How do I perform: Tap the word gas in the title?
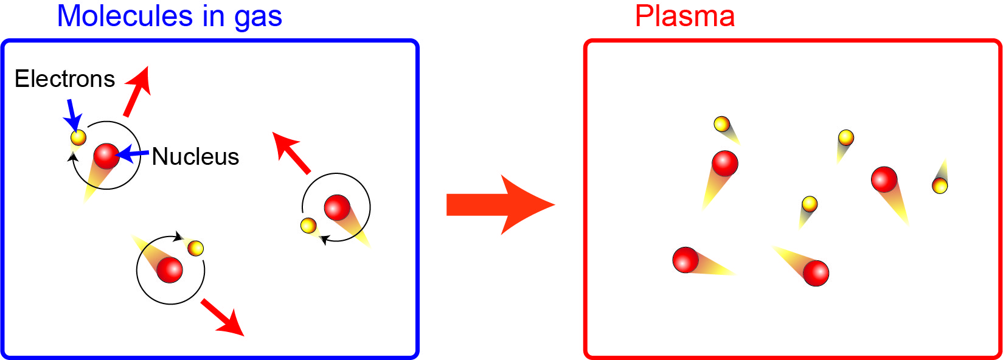[x=258, y=18]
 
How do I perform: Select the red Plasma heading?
[x=685, y=16]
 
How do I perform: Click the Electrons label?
[x=64, y=79]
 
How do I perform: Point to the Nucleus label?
[x=195, y=157]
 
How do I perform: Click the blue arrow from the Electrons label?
[x=73, y=114]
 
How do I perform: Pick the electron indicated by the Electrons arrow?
[x=78, y=137]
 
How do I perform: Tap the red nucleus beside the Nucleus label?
[x=106, y=156]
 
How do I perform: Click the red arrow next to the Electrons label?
[x=137, y=91]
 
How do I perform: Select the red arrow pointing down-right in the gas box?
[x=223, y=317]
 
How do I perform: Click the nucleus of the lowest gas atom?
[x=170, y=269]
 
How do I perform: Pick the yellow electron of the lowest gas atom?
[x=195, y=248]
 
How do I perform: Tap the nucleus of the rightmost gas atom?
[x=337, y=207]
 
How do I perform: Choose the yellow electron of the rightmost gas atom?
[x=308, y=226]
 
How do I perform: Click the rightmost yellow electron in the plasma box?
[x=940, y=185]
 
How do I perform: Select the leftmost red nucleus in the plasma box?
[x=685, y=260]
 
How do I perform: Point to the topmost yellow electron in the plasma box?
[x=721, y=124]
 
